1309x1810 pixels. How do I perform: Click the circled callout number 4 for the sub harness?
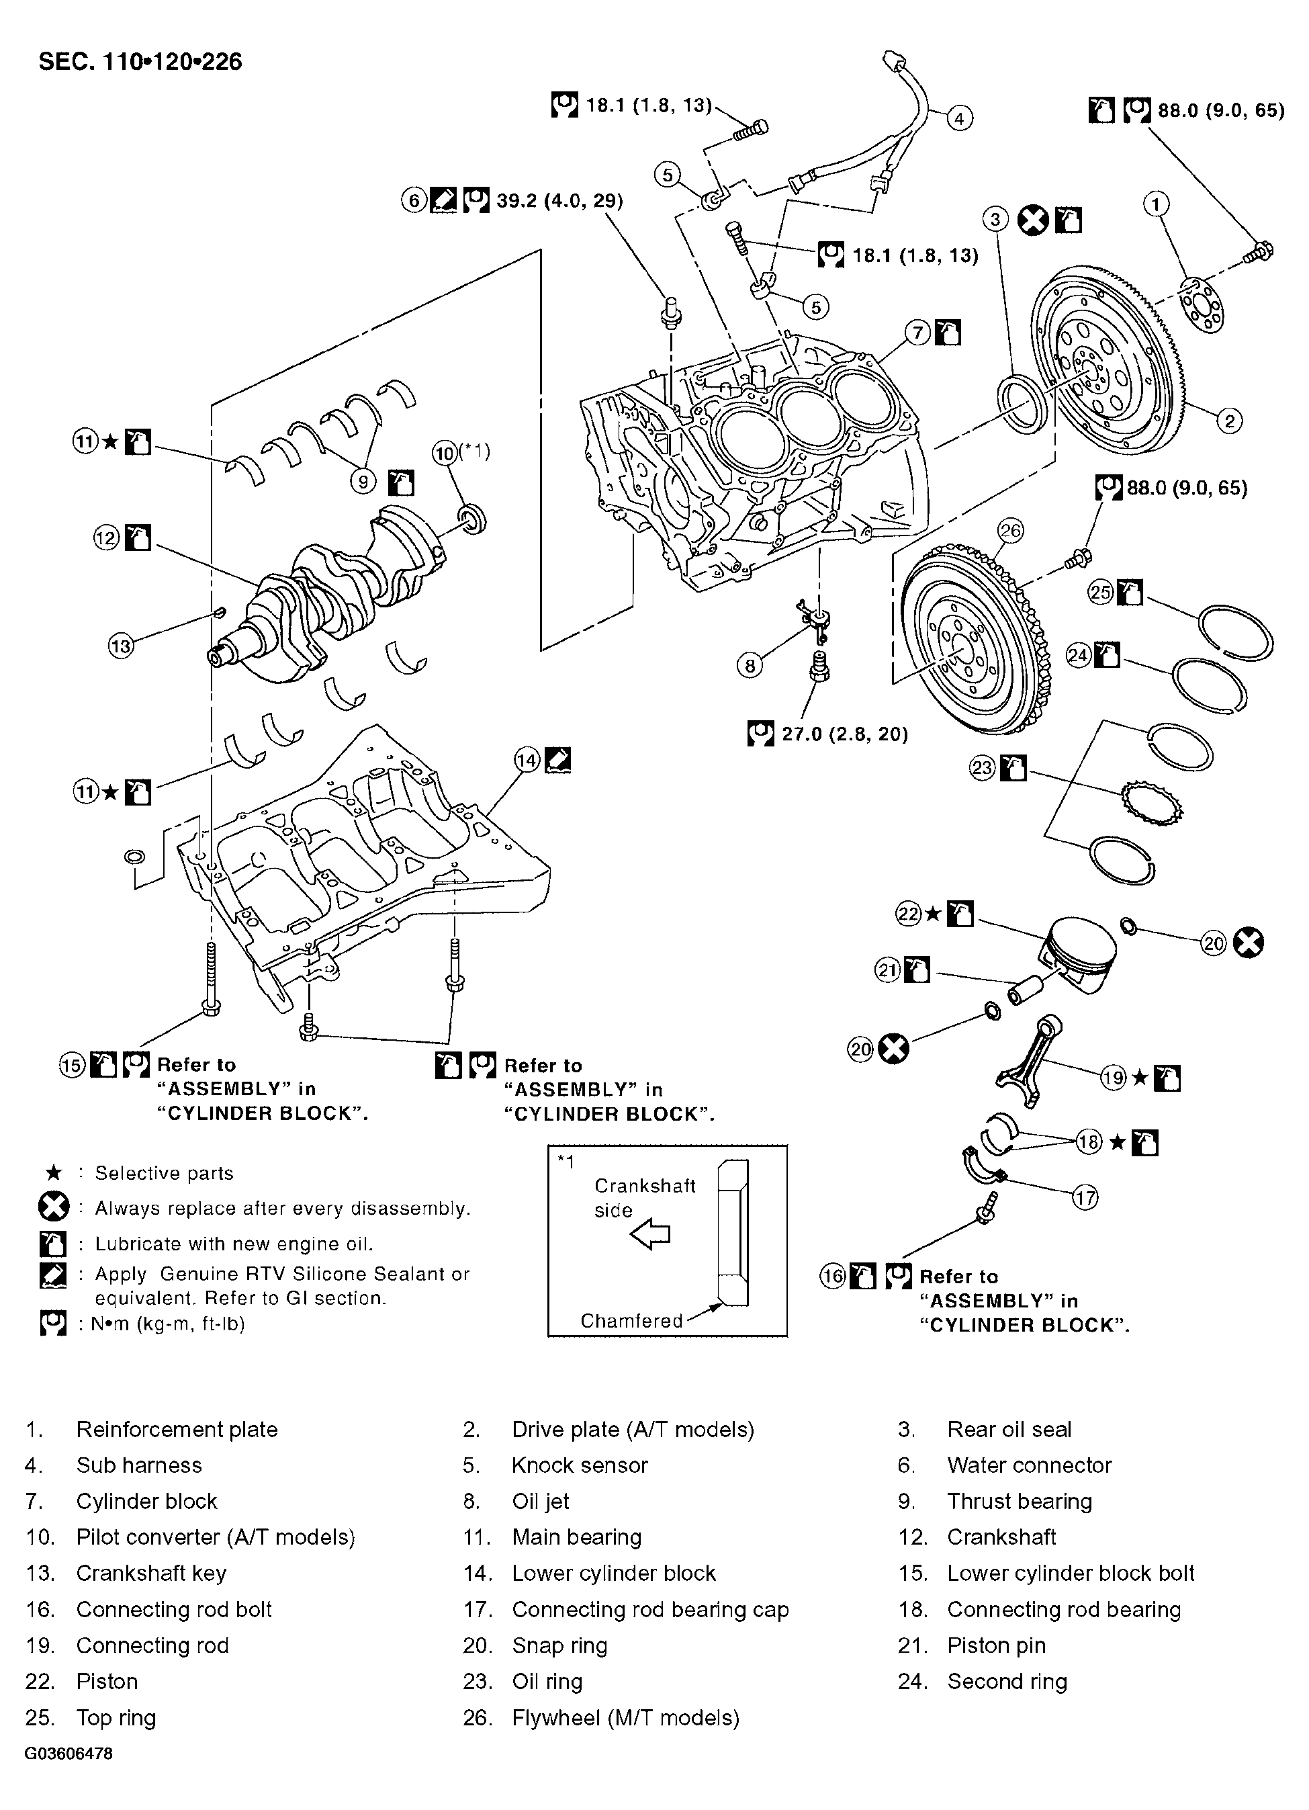pos(959,119)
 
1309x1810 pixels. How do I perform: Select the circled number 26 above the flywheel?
pos(1010,531)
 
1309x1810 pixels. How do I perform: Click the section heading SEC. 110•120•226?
pos(140,61)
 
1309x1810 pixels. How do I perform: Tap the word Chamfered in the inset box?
pos(631,1321)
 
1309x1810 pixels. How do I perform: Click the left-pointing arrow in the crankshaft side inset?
pos(650,1235)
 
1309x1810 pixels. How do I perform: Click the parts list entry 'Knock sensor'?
pos(579,1465)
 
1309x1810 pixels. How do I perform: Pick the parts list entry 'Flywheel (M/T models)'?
pos(625,1717)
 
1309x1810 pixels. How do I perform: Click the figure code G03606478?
pos(69,1754)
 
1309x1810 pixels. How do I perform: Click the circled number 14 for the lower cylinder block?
pos(527,760)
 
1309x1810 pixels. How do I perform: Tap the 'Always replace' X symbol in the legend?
pos(54,1207)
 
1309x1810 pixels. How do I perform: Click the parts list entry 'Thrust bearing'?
pos(1019,1501)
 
